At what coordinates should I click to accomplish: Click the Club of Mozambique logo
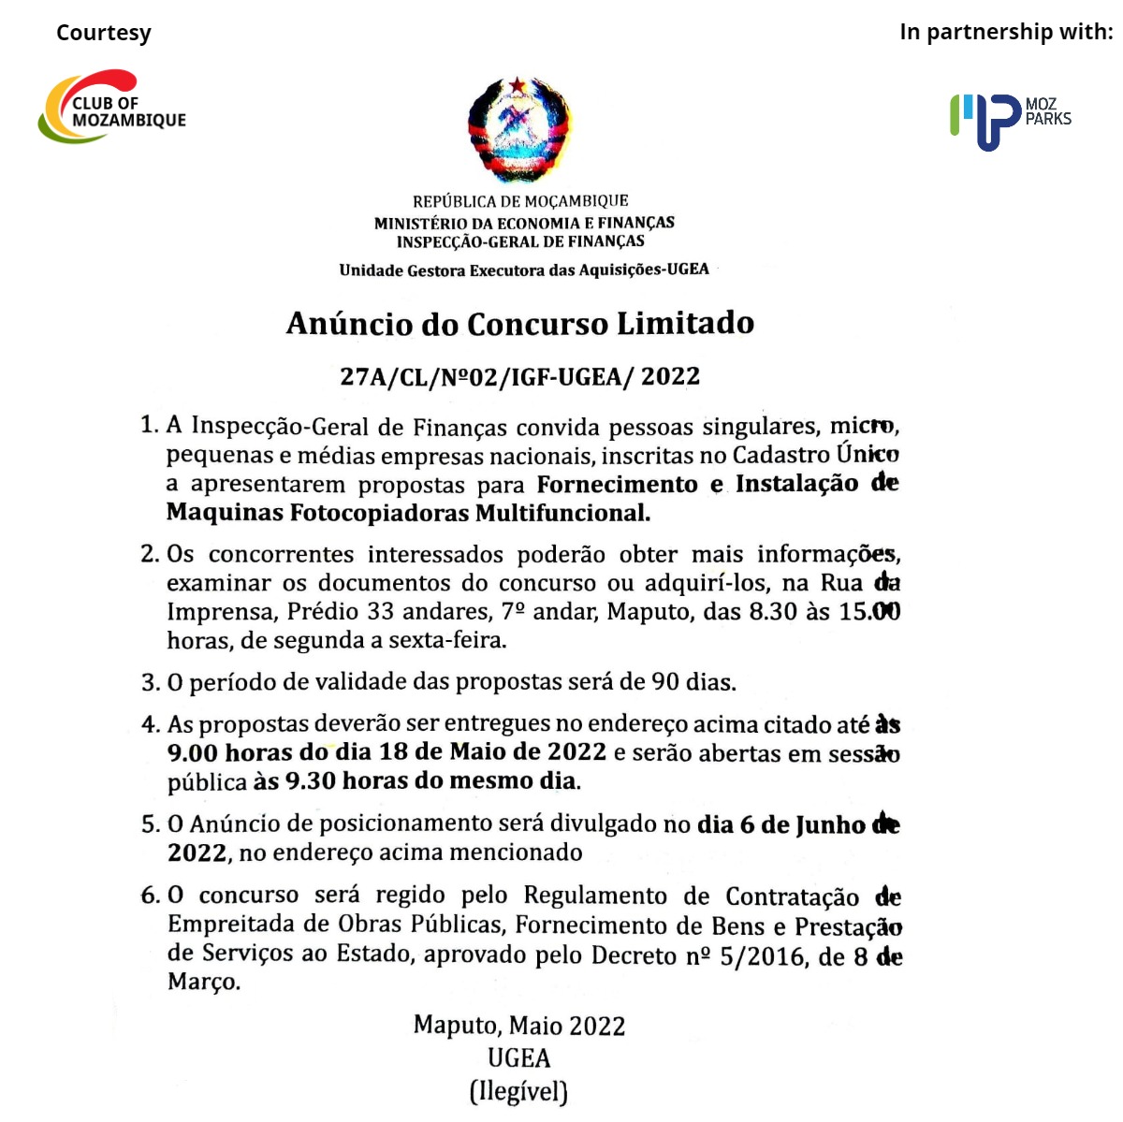tap(111, 108)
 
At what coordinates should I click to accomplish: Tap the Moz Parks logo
tap(1010, 120)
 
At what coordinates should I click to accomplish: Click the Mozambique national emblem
tap(519, 130)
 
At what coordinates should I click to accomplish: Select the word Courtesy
tap(103, 33)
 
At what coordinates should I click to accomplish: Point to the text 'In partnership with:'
tap(1006, 32)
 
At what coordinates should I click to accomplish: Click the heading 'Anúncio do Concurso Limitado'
tap(519, 324)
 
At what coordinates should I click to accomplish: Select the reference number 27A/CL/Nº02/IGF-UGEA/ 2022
tap(519, 376)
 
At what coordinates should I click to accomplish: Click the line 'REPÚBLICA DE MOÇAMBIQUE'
tap(520, 201)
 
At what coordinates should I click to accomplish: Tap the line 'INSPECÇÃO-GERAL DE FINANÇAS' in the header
tap(520, 241)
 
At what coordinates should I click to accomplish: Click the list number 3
tap(150, 682)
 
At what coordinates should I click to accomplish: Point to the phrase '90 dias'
tap(693, 681)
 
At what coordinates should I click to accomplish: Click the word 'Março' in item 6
tap(203, 983)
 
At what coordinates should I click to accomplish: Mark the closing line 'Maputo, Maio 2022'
tap(519, 1026)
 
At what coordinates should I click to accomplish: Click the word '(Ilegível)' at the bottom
tap(518, 1091)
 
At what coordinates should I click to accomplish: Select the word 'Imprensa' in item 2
tap(221, 612)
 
